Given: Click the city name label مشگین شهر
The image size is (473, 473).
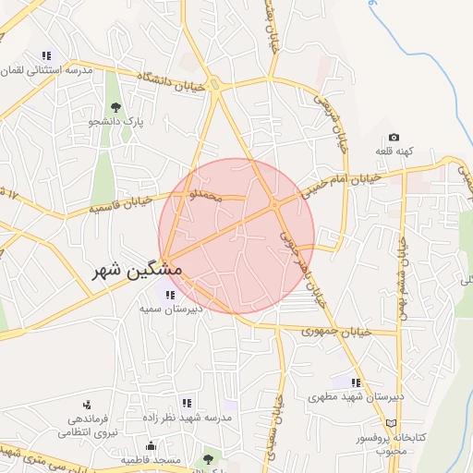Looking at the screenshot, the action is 138,271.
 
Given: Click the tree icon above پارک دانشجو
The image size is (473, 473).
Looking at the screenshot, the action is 115,107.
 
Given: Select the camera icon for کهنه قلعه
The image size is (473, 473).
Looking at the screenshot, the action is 394,138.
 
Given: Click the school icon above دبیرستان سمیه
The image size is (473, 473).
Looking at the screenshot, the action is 169,295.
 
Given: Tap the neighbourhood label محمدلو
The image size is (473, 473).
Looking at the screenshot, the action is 205,196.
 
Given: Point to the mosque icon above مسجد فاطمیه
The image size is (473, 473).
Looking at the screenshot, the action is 151,446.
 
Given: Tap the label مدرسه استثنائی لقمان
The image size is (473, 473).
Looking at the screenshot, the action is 50,70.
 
